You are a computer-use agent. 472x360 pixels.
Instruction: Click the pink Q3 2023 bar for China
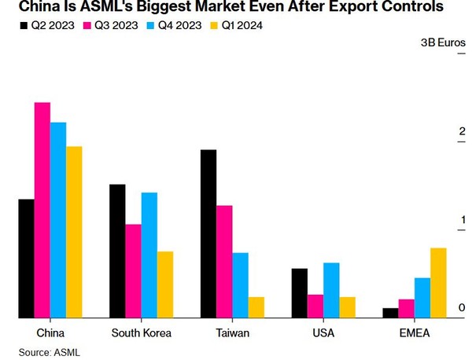42,210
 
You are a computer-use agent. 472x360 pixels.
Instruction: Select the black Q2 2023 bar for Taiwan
208,233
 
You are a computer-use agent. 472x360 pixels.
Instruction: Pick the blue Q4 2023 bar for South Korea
149,255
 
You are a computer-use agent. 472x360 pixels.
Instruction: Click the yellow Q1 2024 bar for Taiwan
256,307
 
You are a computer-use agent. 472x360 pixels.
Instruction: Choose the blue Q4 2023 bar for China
58,220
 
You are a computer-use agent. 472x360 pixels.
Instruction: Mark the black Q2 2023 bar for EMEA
390,313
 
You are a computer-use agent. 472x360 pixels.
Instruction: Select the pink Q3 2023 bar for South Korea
133,271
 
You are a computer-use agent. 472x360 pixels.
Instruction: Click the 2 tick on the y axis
463,130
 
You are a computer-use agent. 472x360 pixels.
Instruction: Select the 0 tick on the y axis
463,307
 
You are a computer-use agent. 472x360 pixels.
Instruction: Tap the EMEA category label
415,333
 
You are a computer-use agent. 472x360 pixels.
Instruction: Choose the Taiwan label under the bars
232,333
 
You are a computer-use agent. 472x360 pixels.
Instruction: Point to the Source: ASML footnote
50,352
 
